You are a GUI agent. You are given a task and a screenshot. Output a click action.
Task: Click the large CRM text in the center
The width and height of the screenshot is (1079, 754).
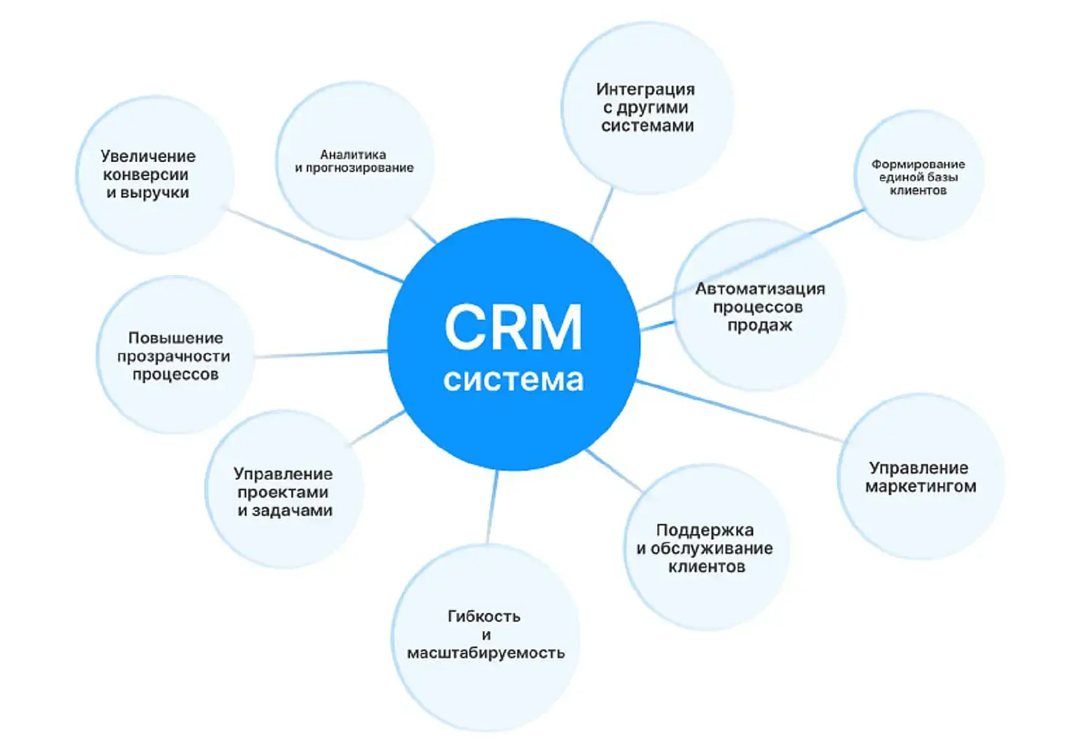(x=513, y=327)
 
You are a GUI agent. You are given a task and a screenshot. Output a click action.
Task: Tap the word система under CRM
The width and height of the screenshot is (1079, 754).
(x=513, y=380)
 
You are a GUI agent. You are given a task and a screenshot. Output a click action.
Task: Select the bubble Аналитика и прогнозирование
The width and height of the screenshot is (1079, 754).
(x=354, y=161)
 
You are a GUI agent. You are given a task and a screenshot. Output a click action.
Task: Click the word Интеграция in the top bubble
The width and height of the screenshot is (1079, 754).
(x=645, y=89)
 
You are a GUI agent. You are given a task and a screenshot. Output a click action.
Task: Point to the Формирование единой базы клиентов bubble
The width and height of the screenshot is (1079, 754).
(x=918, y=177)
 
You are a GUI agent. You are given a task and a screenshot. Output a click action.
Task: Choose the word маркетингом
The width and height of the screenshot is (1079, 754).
(x=920, y=487)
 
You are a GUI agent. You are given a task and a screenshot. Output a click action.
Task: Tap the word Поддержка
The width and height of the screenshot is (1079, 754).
(x=705, y=531)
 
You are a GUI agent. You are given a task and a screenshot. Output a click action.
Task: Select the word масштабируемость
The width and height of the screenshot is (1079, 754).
(x=485, y=653)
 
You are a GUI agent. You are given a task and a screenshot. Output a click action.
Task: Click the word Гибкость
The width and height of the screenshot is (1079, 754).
(x=484, y=616)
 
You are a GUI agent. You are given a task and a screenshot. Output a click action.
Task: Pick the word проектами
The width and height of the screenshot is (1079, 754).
(x=283, y=492)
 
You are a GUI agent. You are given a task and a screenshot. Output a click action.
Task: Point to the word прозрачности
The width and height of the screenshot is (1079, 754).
(x=173, y=357)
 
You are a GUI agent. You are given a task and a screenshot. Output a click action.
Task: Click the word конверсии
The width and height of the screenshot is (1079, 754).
(x=145, y=175)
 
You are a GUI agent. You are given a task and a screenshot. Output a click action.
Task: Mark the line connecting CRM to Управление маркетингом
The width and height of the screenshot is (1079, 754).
(x=740, y=411)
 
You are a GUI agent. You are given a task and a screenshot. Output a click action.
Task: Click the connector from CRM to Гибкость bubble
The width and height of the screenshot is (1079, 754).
(x=492, y=506)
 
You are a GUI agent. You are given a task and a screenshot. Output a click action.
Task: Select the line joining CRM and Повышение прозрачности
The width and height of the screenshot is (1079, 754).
(x=321, y=354)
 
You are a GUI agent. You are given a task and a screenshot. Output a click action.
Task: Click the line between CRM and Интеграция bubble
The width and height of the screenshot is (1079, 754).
(x=602, y=214)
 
